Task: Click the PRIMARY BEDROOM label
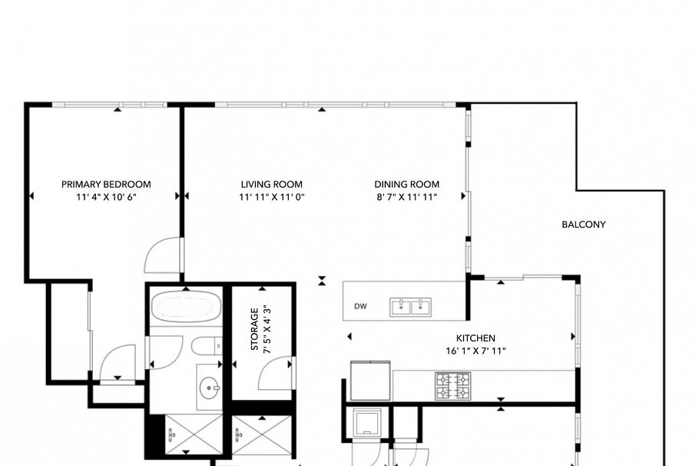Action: tap(106, 185)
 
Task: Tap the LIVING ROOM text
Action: tap(271, 185)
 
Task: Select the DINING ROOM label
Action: tap(406, 185)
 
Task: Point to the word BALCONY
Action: tap(584, 225)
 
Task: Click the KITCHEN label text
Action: tap(475, 338)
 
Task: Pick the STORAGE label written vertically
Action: tap(254, 329)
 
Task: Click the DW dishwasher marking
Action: tap(359, 307)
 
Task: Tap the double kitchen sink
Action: tap(410, 307)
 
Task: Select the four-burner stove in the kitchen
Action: tap(452, 385)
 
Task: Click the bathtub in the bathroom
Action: tap(184, 308)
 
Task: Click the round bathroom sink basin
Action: tap(209, 388)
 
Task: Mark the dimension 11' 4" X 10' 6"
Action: tap(106, 197)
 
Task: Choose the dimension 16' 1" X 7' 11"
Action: tap(475, 351)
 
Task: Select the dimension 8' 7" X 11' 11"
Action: tap(406, 197)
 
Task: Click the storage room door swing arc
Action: tap(273, 374)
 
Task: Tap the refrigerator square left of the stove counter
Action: tap(370, 381)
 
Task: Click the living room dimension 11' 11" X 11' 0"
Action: tap(271, 197)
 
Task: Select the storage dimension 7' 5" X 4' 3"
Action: tap(267, 329)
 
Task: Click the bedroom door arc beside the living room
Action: tap(163, 255)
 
